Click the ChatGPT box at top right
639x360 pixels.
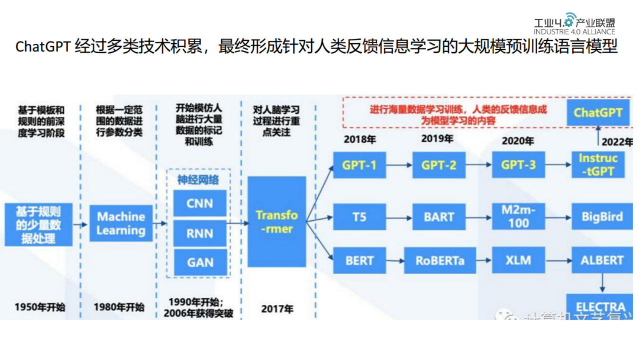(x=598, y=112)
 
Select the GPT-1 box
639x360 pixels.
(x=359, y=165)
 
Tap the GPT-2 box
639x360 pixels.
(x=439, y=165)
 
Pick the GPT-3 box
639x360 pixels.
(x=518, y=165)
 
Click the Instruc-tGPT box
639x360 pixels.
(x=598, y=165)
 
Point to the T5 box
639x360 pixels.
(x=359, y=217)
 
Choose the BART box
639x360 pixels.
(x=439, y=217)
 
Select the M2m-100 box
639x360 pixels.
(x=518, y=217)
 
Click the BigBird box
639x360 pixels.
(x=601, y=217)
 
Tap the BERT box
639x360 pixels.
(x=359, y=260)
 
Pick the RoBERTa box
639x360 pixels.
(x=439, y=260)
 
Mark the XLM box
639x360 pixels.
(x=518, y=260)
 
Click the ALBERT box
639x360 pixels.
(x=601, y=260)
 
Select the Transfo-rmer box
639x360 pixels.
(x=277, y=221)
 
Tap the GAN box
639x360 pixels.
(x=200, y=262)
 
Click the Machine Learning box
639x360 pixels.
(x=121, y=223)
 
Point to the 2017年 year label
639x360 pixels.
(x=277, y=308)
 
